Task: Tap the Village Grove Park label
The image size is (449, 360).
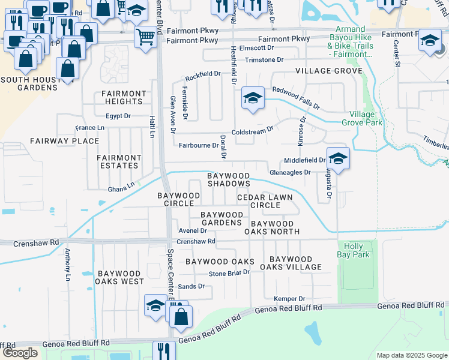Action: click(366, 118)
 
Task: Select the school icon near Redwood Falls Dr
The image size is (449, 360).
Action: click(253, 98)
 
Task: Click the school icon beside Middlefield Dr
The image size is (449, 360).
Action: click(338, 159)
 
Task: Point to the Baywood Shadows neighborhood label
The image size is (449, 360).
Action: click(228, 179)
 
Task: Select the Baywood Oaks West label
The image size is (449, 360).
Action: click(121, 277)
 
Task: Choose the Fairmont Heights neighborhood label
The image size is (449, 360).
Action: click(124, 97)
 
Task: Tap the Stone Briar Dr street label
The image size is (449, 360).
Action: click(229, 274)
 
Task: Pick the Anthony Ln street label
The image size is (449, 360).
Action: click(68, 265)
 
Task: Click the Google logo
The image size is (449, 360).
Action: click(20, 353)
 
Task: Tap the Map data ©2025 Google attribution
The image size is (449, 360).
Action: click(412, 355)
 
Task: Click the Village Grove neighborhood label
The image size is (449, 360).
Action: click(328, 71)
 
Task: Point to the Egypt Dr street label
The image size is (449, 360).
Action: click(118, 116)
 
